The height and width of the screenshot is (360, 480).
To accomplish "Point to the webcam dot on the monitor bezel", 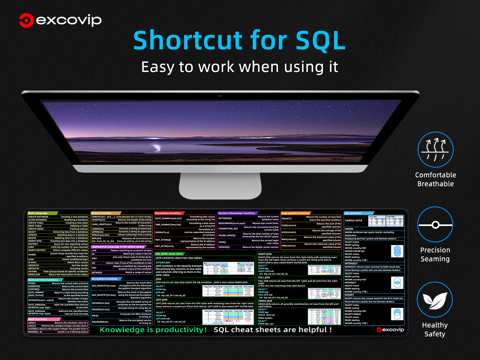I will [220, 96].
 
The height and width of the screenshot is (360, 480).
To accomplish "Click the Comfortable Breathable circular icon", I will [435, 150].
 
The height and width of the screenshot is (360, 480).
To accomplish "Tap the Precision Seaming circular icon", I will [435, 225].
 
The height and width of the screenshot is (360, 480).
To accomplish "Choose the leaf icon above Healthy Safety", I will [435, 300].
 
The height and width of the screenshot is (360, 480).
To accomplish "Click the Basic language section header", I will [38, 213].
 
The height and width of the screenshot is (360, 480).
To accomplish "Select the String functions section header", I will [102, 213].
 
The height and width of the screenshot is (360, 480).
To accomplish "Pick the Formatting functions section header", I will [168, 213].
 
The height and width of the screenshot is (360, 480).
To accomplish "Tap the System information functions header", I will [237, 213].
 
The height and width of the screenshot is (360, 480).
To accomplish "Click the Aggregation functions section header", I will [296, 213].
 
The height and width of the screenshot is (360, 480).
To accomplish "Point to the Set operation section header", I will [353, 213].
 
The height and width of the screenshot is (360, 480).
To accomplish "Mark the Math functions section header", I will [38, 319].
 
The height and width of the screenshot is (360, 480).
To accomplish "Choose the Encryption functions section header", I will [105, 279].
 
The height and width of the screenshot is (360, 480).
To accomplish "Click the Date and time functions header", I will [43, 280].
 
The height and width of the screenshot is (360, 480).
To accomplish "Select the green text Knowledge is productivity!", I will [153, 330].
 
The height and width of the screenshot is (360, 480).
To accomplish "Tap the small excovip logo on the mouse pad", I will [390, 330].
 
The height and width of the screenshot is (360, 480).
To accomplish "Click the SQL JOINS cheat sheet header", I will [169, 254].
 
